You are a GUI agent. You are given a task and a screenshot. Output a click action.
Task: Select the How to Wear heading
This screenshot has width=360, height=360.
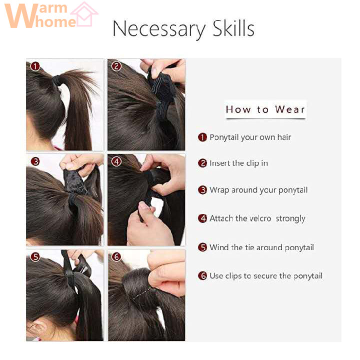point(265,109)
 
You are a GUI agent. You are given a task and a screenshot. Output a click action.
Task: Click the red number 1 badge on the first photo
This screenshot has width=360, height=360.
point(35,66)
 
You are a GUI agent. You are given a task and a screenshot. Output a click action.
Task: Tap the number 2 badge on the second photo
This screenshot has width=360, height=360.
point(116,66)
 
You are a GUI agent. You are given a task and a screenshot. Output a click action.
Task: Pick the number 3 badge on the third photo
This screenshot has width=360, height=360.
point(35,161)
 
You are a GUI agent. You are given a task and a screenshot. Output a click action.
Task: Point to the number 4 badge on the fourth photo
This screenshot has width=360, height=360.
point(116,161)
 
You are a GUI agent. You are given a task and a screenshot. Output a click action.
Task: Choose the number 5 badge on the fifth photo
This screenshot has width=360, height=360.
point(35,256)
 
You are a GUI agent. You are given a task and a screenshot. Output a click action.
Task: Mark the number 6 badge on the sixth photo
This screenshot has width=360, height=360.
point(116,256)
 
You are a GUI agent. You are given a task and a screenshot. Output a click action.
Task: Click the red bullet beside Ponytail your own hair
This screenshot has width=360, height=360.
point(202,137)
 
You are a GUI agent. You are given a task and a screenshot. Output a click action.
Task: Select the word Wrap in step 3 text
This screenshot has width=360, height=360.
point(219,190)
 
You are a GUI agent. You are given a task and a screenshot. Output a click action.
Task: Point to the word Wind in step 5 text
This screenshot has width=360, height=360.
point(218,247)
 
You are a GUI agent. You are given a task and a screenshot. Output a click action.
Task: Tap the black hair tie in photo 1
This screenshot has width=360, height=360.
point(57,80)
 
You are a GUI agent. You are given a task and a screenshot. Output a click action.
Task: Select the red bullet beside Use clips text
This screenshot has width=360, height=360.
point(202,275)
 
